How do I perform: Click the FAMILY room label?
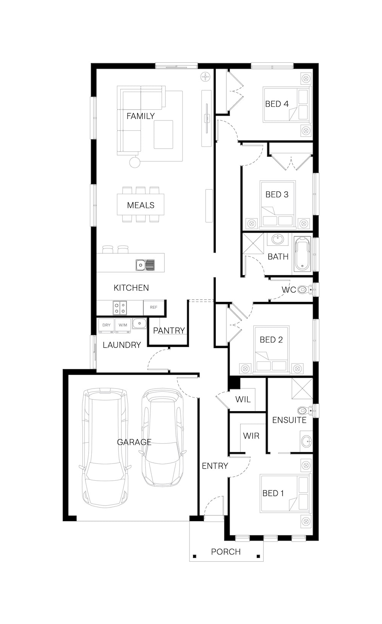pos(141,116)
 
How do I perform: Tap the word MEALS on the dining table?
pos(141,205)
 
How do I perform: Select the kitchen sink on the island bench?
pos(145,265)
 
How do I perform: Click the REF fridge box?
pos(154,307)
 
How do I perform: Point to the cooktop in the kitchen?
pos(120,308)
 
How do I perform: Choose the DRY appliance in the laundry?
pos(106,326)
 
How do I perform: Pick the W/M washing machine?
pos(123,326)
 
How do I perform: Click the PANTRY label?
pos(169,331)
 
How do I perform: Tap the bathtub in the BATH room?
pos(303,254)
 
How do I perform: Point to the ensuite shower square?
pos(302,388)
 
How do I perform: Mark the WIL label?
pos(243,399)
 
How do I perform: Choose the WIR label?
pos(251,436)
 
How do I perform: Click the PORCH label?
pos(226,551)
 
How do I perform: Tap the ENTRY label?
pos(215,466)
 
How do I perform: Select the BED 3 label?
pos(277,194)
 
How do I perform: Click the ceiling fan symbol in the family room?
pos(206,76)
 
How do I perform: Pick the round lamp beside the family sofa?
pos(135,162)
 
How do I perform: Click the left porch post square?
pos(194,556)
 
